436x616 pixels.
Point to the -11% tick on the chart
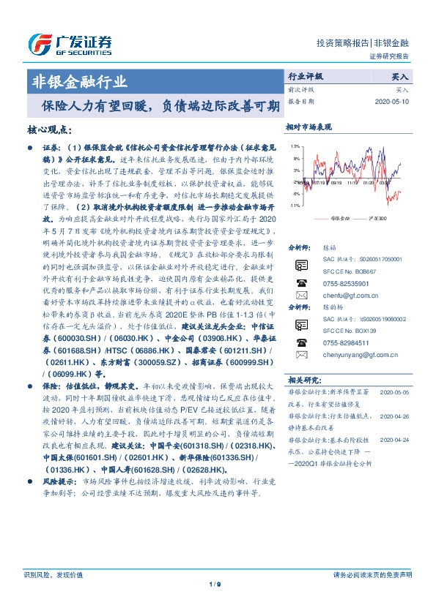pos(294,206)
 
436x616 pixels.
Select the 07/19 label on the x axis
pos(318,184)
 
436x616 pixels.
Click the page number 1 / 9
pos(218,605)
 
